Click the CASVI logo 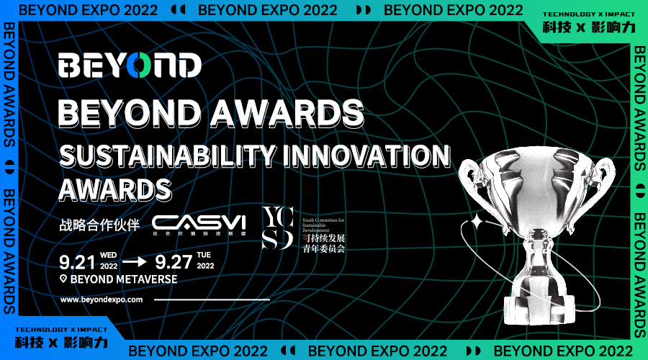pyautogui.click(x=199, y=223)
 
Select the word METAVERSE pyautogui.click(x=144, y=279)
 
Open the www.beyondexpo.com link pyautogui.click(x=102, y=299)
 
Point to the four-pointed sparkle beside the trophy pyautogui.click(x=475, y=223)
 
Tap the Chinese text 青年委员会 pyautogui.click(x=323, y=249)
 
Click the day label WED pyautogui.click(x=109, y=255)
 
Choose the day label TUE pyautogui.click(x=205, y=255)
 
